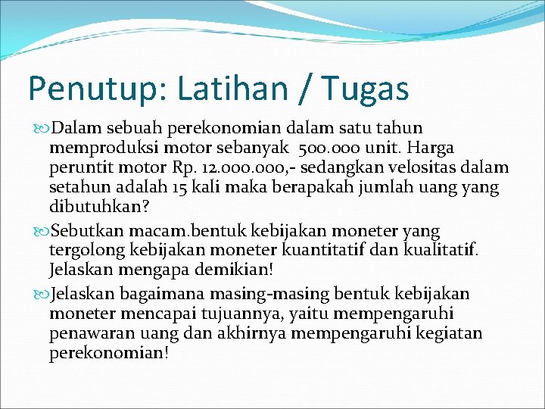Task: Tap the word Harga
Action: (431, 148)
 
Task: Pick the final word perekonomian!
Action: (109, 353)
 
